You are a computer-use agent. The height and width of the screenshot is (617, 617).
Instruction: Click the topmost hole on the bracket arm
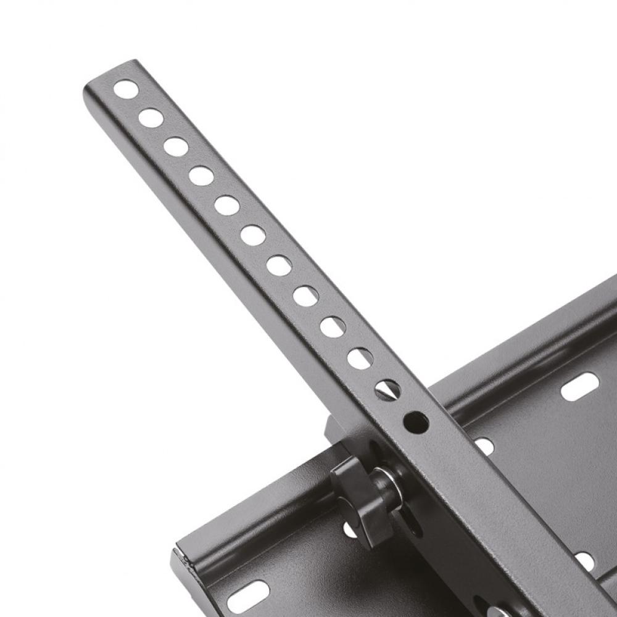click(x=126, y=89)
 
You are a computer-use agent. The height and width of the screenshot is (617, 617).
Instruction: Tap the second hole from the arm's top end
click(x=151, y=117)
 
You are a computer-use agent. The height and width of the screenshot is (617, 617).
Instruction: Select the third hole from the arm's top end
click(x=176, y=147)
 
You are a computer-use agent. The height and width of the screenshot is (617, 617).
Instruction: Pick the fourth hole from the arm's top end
click(x=201, y=176)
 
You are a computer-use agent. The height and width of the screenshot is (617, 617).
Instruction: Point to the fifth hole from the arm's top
click(x=227, y=205)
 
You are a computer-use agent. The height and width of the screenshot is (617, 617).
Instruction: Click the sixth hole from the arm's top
click(x=253, y=235)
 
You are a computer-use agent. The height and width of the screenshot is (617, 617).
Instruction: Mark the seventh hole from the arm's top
click(x=279, y=265)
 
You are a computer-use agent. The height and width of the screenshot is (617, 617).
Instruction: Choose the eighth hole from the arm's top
click(x=305, y=296)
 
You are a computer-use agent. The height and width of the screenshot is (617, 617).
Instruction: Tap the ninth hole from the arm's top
click(x=333, y=327)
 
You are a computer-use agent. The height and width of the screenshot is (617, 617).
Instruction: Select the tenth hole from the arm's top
click(x=360, y=358)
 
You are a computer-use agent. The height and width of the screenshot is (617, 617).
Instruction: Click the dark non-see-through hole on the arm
click(x=416, y=423)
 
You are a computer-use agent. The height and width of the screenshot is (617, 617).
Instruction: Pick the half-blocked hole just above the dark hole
click(x=387, y=390)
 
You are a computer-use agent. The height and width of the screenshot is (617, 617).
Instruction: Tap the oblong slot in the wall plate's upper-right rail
click(x=579, y=386)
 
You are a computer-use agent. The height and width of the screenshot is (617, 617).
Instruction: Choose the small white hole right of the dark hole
click(x=484, y=446)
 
